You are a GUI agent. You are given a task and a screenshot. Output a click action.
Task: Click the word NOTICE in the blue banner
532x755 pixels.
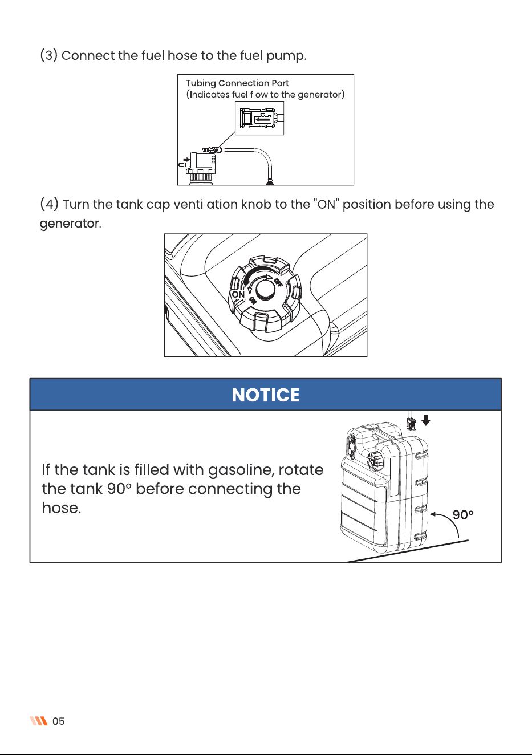(266, 395)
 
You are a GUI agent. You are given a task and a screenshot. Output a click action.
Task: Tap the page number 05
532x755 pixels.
(58, 721)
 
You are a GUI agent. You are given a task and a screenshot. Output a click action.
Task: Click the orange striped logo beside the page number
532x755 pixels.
(39, 721)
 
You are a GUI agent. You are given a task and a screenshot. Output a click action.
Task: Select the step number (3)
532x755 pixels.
(49, 55)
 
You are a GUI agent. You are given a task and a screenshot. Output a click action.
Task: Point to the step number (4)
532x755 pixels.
(49, 204)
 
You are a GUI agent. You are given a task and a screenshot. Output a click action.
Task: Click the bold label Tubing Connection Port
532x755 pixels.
(237, 83)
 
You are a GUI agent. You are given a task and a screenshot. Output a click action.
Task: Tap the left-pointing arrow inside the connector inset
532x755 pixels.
(262, 119)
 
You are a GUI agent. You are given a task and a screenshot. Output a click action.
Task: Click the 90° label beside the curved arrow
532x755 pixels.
(463, 515)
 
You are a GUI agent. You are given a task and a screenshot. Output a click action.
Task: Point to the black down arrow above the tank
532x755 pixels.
(426, 420)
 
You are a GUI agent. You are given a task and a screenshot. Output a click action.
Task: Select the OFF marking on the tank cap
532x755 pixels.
(278, 282)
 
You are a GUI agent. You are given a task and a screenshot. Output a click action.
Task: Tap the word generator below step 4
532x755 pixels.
(70, 224)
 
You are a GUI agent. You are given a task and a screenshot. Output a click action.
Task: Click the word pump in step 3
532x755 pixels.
(286, 56)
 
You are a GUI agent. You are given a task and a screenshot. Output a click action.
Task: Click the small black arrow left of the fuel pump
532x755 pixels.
(186, 159)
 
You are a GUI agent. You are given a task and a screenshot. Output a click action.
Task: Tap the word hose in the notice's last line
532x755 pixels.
(62, 508)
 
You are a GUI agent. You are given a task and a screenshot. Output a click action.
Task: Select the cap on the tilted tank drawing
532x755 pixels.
(374, 461)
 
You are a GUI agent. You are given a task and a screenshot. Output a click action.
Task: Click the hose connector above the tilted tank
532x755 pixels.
(411, 423)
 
